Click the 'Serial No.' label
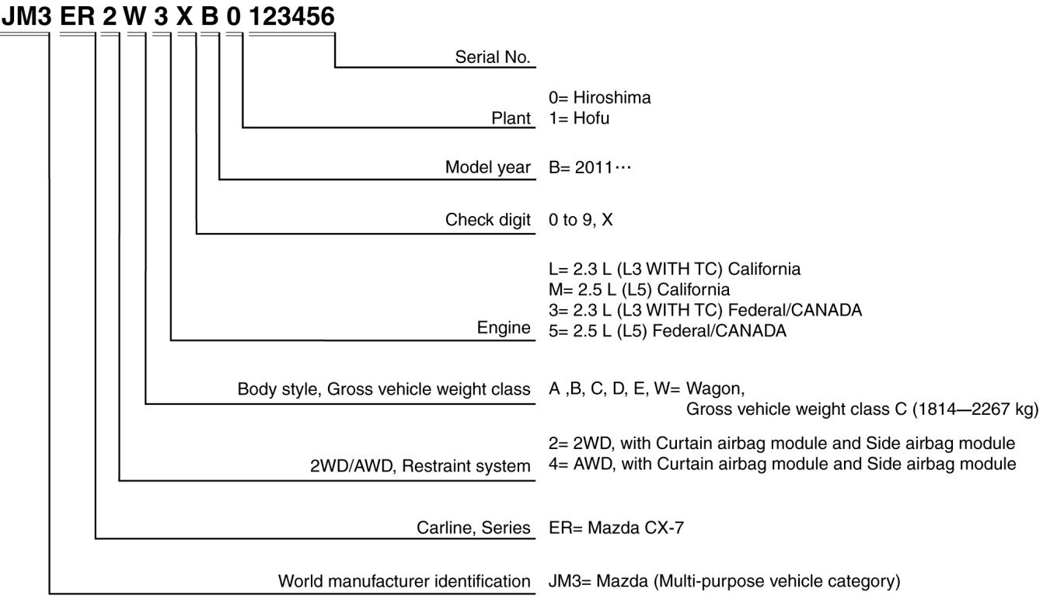(492, 57)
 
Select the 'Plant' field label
(511, 118)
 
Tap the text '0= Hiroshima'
(599, 98)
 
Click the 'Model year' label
(487, 167)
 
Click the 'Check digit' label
(487, 220)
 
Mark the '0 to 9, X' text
(581, 220)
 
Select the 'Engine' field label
(504, 328)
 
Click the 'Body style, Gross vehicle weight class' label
(384, 388)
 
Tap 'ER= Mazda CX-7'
(616, 528)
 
